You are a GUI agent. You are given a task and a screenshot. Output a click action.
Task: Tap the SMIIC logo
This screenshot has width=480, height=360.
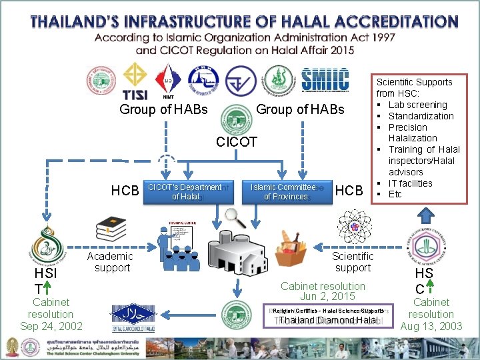325,79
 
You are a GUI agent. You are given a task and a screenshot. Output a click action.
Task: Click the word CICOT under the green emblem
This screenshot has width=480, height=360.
237,142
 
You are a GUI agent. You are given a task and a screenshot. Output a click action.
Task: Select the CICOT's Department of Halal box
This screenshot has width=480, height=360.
184,192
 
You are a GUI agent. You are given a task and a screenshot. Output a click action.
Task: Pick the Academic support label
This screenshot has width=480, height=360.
112,262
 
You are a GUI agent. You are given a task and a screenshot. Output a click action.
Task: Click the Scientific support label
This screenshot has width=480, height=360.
353,262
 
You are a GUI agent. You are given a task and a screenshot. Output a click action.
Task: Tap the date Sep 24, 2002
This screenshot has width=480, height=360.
51,326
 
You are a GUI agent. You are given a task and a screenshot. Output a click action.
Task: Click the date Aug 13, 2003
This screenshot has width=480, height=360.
431,326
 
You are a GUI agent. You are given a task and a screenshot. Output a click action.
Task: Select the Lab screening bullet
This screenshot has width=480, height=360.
417,105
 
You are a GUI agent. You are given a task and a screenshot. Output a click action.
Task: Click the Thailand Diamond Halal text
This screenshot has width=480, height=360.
328,321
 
